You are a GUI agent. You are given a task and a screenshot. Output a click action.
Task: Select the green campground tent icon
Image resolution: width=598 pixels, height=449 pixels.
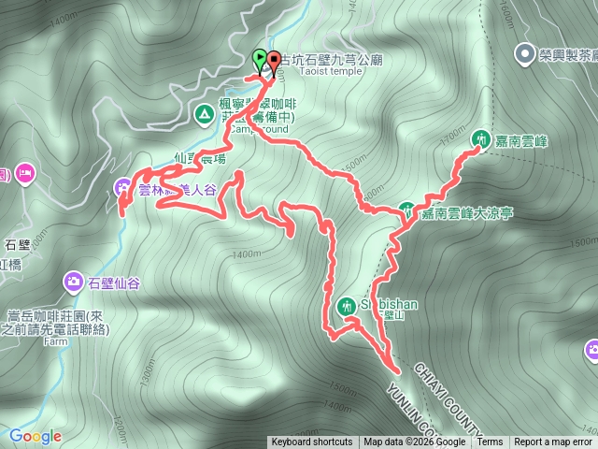(x=203, y=114)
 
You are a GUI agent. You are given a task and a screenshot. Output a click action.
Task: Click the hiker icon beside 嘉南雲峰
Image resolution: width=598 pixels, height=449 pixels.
(x=480, y=139)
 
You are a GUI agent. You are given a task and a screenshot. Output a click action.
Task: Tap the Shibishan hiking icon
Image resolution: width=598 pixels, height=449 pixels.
(x=347, y=305)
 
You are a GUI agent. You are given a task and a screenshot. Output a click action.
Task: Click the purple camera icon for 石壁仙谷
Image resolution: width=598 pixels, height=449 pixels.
(x=73, y=281)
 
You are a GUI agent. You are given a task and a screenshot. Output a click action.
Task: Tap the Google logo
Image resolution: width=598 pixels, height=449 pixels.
(x=36, y=436)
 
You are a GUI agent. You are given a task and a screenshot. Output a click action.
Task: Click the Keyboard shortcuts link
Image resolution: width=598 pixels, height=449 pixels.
(x=312, y=442)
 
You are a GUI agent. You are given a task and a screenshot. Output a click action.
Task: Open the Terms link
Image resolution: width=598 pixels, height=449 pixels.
(x=490, y=442)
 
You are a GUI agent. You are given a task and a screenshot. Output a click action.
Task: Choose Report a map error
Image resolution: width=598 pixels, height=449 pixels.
(x=553, y=442)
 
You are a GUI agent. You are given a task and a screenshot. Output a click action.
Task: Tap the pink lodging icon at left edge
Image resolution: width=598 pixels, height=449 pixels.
(x=24, y=173)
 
